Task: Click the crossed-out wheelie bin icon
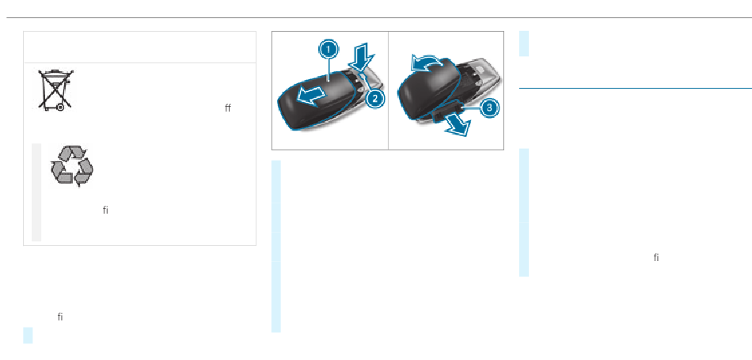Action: pos(55,89)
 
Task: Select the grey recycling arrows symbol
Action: pos(72,166)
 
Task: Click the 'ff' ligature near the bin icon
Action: pos(228,108)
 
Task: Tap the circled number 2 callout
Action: pos(374,97)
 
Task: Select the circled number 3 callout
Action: pos(490,106)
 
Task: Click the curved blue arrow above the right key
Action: pos(423,63)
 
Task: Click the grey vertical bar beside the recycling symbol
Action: pos(36,192)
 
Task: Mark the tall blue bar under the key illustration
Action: pos(275,246)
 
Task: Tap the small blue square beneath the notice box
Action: pos(28,335)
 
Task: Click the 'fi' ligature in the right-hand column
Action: pos(656,258)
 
